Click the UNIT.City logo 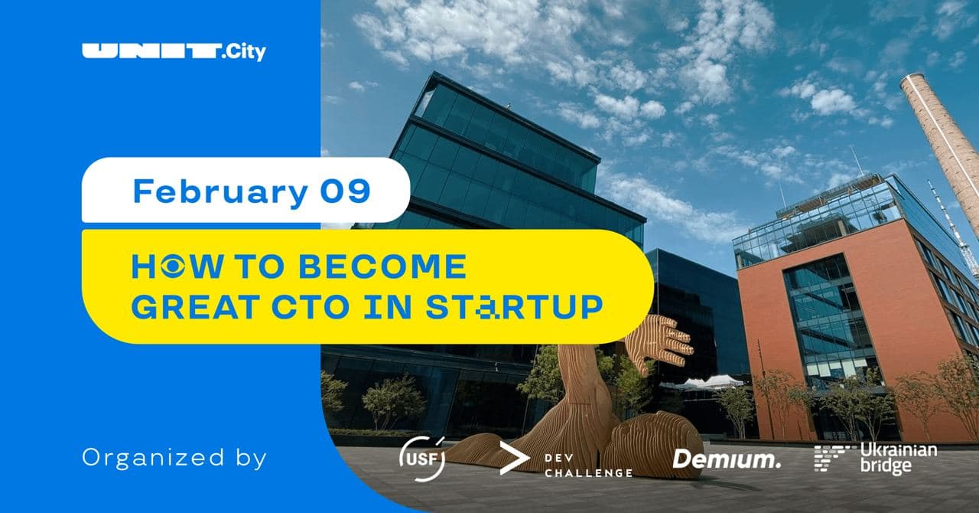(x=174, y=52)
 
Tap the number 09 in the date (x=345, y=191)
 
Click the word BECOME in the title (x=383, y=266)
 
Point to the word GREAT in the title (x=195, y=307)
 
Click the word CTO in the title (x=311, y=307)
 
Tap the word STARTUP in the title (x=515, y=307)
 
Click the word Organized (x=154, y=459)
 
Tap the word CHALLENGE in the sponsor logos (x=589, y=473)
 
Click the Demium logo (x=727, y=459)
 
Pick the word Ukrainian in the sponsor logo (x=899, y=450)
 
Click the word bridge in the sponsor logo (x=886, y=466)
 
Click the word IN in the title (x=388, y=307)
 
